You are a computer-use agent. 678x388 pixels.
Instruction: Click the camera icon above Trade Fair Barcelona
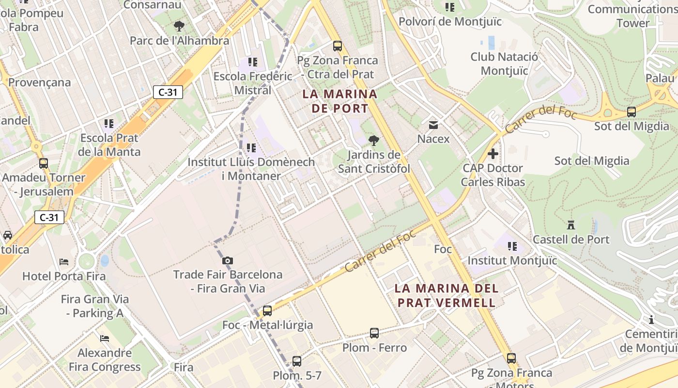pyautogui.click(x=228, y=261)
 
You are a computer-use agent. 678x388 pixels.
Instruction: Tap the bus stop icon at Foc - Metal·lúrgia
pyautogui.click(x=267, y=311)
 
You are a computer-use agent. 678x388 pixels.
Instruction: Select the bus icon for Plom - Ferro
pyautogui.click(x=374, y=333)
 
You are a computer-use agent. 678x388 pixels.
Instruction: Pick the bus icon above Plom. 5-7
pyautogui.click(x=297, y=361)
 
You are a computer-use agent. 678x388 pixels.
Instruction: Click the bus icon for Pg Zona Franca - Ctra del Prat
pyautogui.click(x=338, y=47)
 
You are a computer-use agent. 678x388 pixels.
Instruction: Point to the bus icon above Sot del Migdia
pyautogui.click(x=632, y=112)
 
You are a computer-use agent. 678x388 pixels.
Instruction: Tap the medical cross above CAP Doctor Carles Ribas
pyautogui.click(x=493, y=154)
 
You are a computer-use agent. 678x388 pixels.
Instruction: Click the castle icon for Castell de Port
pyautogui.click(x=571, y=225)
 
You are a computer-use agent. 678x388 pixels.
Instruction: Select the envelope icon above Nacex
pyautogui.click(x=433, y=125)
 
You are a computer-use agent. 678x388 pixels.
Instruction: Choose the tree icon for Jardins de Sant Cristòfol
pyautogui.click(x=373, y=141)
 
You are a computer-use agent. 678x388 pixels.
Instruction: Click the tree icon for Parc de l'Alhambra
pyautogui.click(x=179, y=26)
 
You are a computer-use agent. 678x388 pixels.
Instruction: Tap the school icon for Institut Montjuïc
pyautogui.click(x=512, y=246)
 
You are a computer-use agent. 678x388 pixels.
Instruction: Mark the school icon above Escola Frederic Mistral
pyautogui.click(x=253, y=62)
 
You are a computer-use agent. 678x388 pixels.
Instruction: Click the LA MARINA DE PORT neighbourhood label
pyautogui.click(x=339, y=101)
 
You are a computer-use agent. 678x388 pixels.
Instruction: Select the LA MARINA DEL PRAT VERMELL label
pyautogui.click(x=446, y=295)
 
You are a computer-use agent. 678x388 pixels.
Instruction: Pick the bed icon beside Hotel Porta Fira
pyautogui.click(x=64, y=262)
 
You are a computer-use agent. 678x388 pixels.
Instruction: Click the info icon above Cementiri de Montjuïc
pyautogui.click(x=651, y=320)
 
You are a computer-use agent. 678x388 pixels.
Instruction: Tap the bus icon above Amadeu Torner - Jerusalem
pyautogui.click(x=44, y=163)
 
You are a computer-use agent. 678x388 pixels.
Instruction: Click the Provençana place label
pyautogui.click(x=39, y=82)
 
